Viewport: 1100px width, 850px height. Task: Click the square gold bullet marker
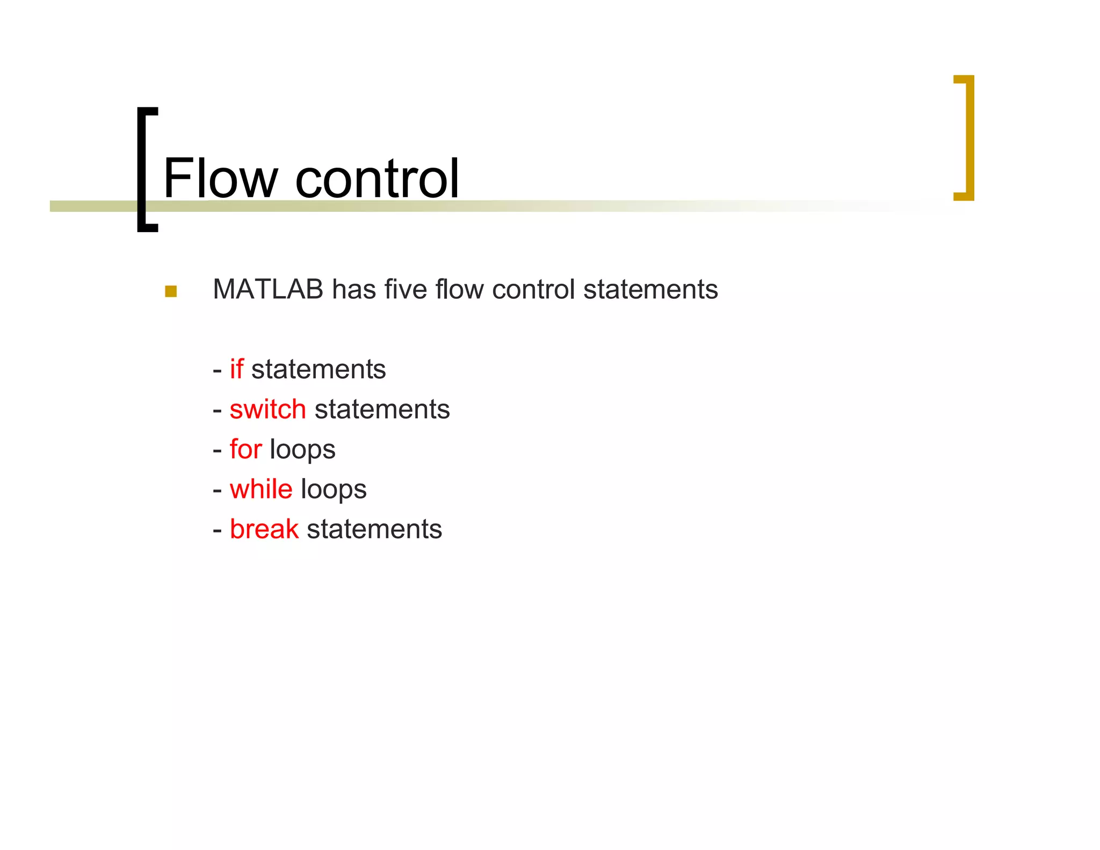[x=171, y=291]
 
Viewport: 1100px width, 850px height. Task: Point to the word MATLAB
[x=267, y=289]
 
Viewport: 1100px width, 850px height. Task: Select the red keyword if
[x=236, y=369]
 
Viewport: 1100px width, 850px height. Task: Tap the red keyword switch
[x=267, y=409]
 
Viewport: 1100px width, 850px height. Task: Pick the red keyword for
[x=245, y=449]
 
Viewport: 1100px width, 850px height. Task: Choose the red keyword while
[x=261, y=489]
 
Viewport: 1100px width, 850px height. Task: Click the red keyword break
[x=264, y=529]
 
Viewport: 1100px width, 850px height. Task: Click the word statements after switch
[x=382, y=409]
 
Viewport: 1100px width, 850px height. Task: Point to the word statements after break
[x=374, y=529]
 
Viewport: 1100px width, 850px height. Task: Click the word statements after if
[x=319, y=370]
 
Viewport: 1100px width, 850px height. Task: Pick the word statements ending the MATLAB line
[x=650, y=289]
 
